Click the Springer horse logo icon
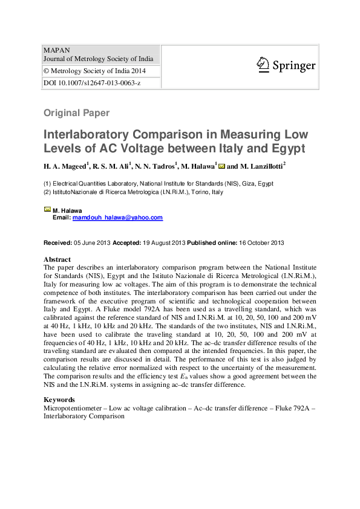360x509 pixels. point(262,64)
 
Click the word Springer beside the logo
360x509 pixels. point(293,65)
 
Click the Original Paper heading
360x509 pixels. point(76,112)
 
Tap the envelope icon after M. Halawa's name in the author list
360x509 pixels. point(221,165)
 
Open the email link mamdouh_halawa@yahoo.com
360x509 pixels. point(117,218)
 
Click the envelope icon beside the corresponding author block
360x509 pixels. point(47,209)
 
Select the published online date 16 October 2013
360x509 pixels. point(261,242)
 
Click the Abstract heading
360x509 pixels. point(57,258)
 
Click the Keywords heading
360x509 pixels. point(59,400)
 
